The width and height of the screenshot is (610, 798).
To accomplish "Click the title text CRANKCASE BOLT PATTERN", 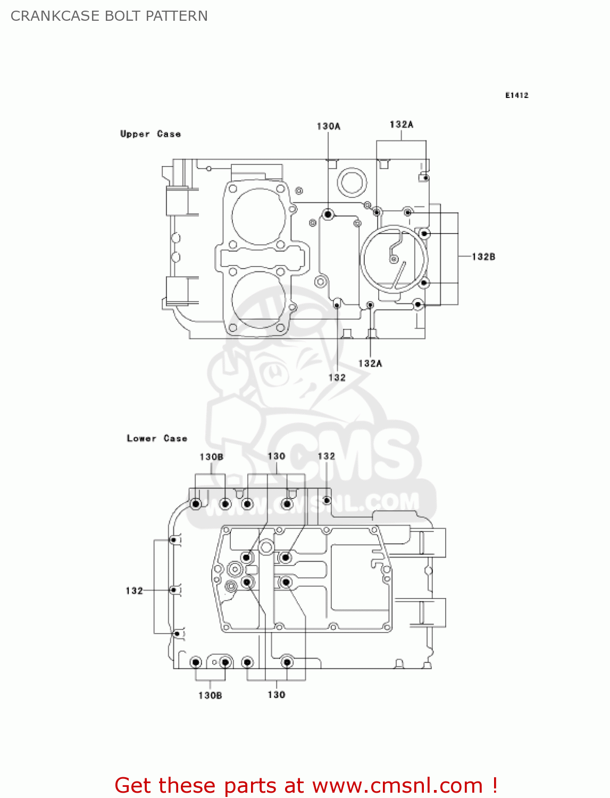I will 109,16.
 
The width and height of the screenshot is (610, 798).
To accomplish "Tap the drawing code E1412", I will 516,95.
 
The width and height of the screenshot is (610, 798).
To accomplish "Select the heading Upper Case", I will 151,134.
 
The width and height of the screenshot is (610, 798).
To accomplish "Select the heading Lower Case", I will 157,438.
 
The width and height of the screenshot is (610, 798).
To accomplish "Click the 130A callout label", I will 328,126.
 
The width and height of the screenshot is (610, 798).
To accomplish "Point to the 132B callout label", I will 483,257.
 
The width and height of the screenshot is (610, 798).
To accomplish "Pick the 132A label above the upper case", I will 401,124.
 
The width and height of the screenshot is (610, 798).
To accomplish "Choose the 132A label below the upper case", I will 370,363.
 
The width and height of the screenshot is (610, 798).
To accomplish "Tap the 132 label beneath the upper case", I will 337,378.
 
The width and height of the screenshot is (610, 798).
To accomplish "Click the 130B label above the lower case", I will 211,457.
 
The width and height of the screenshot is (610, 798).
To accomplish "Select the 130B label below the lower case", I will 210,695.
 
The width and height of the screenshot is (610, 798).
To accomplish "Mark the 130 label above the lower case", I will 276,456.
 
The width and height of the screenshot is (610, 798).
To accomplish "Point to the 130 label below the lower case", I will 276,695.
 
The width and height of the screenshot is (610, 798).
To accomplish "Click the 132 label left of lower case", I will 134,591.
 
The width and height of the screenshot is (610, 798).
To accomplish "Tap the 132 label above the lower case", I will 326,456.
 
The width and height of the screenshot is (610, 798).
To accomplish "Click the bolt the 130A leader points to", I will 328,214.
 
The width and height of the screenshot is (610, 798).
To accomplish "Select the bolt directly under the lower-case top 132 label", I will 327,501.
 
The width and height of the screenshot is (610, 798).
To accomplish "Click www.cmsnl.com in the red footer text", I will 397,786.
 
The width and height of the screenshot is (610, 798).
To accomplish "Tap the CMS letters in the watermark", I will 351,458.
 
